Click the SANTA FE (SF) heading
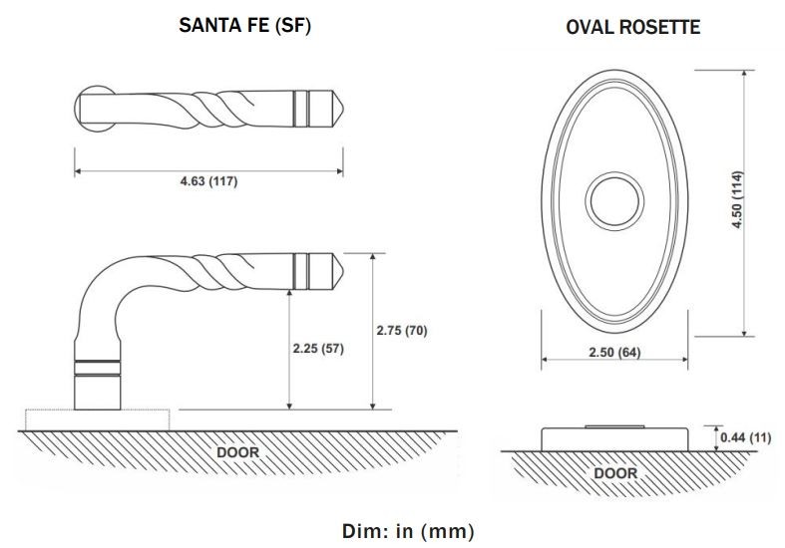pyautogui.click(x=244, y=27)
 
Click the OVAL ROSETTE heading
pyautogui.click(x=632, y=27)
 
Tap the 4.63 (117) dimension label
pyautogui.click(x=208, y=183)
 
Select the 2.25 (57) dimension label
pyautogui.click(x=318, y=350)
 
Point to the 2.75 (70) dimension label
pyautogui.click(x=402, y=331)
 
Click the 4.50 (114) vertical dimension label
pyautogui.click(x=739, y=201)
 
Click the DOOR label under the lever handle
pyautogui.click(x=238, y=452)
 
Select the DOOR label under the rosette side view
pyautogui.click(x=615, y=473)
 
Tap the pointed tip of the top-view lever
pyautogui.click(x=338, y=106)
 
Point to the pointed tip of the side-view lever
pyautogui.click(x=338, y=269)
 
